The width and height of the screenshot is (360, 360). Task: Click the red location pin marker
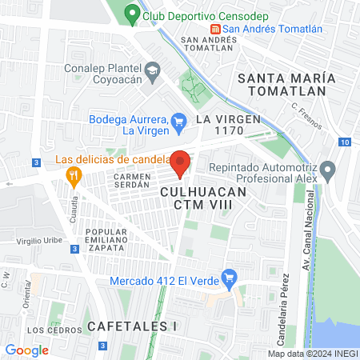click(180, 162)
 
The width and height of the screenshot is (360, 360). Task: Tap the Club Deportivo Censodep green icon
click(131, 14)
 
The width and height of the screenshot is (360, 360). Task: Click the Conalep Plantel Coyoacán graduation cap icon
click(150, 74)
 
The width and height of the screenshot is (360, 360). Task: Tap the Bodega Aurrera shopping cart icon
click(179, 120)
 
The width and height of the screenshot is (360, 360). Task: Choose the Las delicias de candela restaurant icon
click(75, 175)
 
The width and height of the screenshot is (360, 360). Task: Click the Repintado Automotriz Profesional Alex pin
click(326, 170)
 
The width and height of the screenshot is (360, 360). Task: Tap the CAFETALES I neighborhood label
click(131, 326)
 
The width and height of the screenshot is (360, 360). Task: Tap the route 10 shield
click(343, 142)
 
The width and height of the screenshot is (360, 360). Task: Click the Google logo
click(26, 350)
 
